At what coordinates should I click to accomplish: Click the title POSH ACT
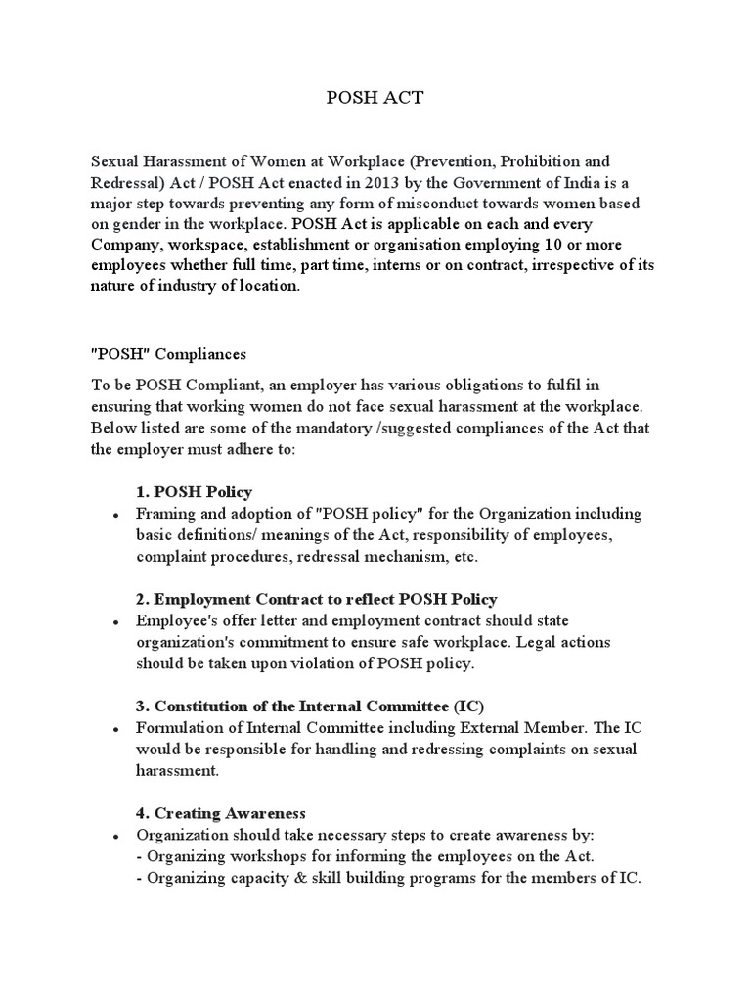coord(375,98)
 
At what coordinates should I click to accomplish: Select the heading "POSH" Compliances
coord(168,352)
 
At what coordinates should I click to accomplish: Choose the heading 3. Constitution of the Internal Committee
coord(310,706)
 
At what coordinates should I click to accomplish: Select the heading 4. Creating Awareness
coord(221,812)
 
